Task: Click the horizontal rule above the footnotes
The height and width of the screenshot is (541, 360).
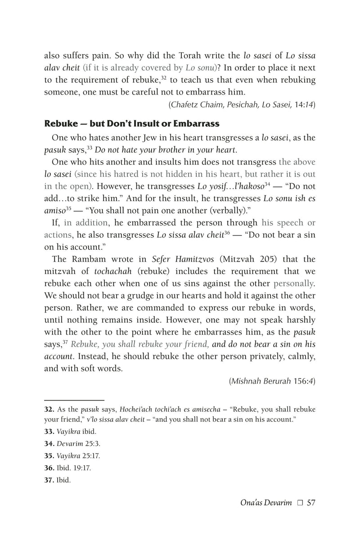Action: click(74, 399)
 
